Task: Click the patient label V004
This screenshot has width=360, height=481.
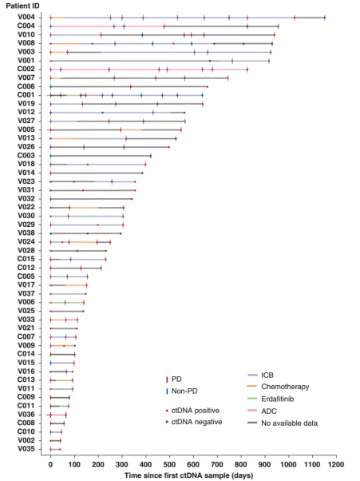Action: [x=26, y=18]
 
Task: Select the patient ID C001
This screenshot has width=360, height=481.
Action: [x=26, y=95]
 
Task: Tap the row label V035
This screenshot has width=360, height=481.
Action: [x=26, y=449]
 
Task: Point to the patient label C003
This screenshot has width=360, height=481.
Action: [x=26, y=155]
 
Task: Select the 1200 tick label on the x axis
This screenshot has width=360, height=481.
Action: [x=336, y=464]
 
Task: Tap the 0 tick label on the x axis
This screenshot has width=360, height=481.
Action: [x=50, y=464]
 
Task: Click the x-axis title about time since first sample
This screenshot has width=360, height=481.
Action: [x=188, y=475]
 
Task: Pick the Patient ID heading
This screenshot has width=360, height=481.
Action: [x=22, y=6]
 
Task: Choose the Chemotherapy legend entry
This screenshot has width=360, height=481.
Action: [x=279, y=387]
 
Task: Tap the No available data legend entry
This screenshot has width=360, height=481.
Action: [x=283, y=423]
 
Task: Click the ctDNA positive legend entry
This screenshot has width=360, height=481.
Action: [x=192, y=411]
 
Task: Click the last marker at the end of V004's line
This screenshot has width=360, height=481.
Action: [x=325, y=18]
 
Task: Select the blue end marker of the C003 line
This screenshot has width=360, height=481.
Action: [x=150, y=156]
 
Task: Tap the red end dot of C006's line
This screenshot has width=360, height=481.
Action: [x=208, y=87]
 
